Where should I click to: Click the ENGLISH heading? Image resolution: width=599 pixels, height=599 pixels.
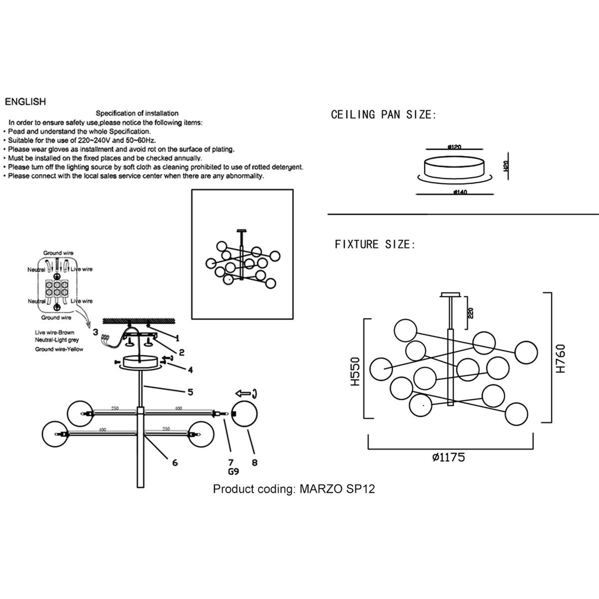pyautogui.click(x=25, y=102)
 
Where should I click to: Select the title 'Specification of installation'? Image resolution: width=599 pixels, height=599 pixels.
pyautogui.click(x=137, y=113)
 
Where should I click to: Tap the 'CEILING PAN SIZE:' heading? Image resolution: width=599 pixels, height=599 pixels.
pyautogui.click(x=383, y=115)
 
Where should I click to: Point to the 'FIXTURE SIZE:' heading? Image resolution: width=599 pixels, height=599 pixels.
pyautogui.click(x=375, y=245)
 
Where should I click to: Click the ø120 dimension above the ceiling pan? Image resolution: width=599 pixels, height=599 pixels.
pyautogui.click(x=454, y=147)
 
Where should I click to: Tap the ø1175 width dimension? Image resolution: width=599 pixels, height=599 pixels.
pyautogui.click(x=449, y=457)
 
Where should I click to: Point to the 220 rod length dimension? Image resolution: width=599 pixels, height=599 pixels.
pyautogui.click(x=471, y=313)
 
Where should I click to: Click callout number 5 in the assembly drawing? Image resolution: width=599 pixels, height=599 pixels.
pyautogui.click(x=190, y=392)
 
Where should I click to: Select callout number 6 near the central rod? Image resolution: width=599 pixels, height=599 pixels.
pyautogui.click(x=175, y=463)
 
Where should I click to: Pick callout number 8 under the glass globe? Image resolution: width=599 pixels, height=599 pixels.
pyautogui.click(x=255, y=463)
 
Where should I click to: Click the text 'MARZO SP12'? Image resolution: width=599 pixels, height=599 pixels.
pyautogui.click(x=337, y=489)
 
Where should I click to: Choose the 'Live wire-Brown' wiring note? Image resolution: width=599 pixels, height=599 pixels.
pyautogui.click(x=56, y=332)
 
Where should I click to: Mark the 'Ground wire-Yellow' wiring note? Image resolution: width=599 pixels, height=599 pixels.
pyautogui.click(x=59, y=349)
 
